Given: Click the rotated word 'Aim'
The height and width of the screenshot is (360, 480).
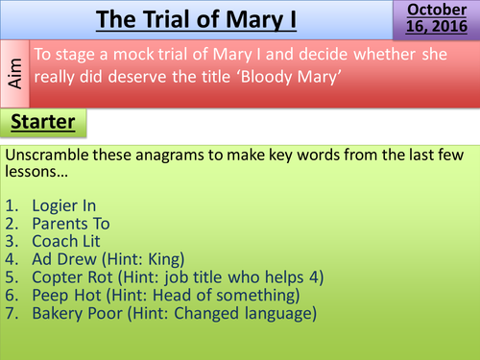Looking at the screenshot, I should click(x=14, y=72).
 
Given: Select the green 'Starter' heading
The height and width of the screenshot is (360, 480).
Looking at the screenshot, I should click(x=44, y=122).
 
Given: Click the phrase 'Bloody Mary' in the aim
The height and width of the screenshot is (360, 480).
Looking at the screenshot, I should click(x=362, y=78).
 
